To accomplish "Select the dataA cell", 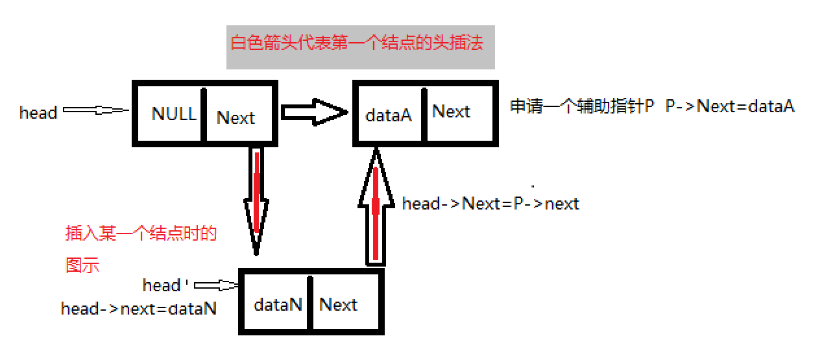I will click(389, 114).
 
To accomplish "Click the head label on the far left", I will click(38, 113).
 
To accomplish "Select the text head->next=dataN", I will click(138, 309).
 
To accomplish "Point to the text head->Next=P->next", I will click(490, 204).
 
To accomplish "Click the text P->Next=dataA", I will click(730, 106).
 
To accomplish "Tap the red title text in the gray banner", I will click(357, 44).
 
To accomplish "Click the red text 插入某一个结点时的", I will click(141, 234).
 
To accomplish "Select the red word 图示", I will click(82, 265).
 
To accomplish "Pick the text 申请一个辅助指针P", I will click(582, 106).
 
